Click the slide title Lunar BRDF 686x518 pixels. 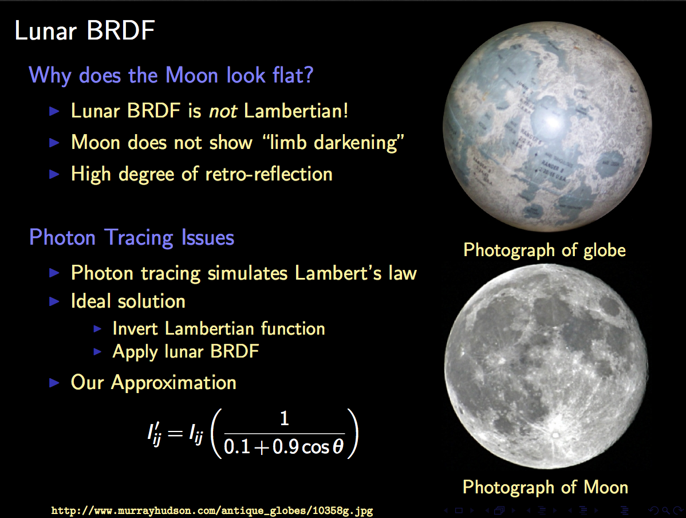pos(84,30)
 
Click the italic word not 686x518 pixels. pos(223,111)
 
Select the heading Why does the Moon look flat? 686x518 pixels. pos(171,75)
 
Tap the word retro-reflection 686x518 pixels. pos(269,174)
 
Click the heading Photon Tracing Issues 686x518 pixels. pos(132,238)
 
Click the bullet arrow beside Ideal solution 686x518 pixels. pos(54,302)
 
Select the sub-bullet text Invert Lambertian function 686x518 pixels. pos(219,329)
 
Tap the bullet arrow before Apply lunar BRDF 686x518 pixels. pos(97,352)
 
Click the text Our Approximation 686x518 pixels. pos(153,382)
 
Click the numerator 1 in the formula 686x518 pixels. pos(285,419)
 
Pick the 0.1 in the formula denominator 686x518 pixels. pos(236,447)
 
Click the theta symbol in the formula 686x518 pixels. pos(338,446)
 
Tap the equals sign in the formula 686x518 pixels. pos(175,434)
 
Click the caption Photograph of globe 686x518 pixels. pos(544,250)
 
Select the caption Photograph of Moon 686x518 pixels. pos(545,488)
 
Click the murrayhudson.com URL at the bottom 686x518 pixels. pos(212,511)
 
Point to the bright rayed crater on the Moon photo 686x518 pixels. pos(555,435)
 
